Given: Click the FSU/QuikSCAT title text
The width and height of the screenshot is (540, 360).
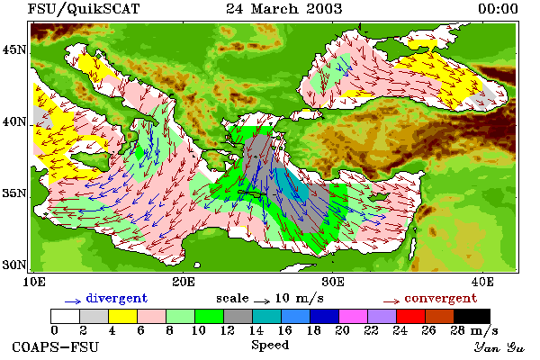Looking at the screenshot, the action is click(x=84, y=9).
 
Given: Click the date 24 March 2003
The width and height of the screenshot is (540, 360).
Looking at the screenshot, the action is click(x=284, y=9).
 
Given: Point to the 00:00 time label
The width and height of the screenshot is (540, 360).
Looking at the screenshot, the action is click(x=498, y=9).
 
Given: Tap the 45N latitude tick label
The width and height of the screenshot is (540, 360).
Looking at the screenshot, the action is click(x=13, y=50).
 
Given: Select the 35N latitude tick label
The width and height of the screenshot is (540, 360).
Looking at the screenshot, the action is click(x=13, y=193).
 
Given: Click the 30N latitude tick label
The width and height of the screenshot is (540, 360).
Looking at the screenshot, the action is click(x=13, y=265).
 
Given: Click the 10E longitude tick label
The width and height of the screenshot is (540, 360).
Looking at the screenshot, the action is click(x=34, y=282).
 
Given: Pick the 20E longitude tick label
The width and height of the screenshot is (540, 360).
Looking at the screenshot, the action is click(x=184, y=282).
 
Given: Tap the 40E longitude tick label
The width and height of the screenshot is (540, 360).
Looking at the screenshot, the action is click(x=482, y=282).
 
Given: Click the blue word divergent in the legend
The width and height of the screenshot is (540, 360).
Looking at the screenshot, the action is click(x=117, y=298).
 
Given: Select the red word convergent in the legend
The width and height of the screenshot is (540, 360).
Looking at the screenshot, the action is click(x=441, y=298).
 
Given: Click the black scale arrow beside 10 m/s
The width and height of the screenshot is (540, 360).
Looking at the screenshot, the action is click(x=262, y=301).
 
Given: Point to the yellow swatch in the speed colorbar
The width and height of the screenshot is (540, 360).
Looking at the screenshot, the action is click(x=123, y=316).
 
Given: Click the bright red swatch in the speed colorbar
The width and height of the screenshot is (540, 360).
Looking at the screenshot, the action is click(x=411, y=316).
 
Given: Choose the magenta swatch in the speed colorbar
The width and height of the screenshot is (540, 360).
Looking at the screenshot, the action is click(x=354, y=316).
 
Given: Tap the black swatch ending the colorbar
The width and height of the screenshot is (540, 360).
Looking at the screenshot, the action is click(x=472, y=316).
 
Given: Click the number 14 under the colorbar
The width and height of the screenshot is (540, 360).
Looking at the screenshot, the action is click(x=256, y=330).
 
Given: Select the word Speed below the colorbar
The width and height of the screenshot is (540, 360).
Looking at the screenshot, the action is click(x=270, y=346).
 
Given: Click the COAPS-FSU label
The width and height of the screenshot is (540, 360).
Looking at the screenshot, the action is click(x=55, y=346).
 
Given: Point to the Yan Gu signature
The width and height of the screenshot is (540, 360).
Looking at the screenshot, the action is click(x=499, y=347).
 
